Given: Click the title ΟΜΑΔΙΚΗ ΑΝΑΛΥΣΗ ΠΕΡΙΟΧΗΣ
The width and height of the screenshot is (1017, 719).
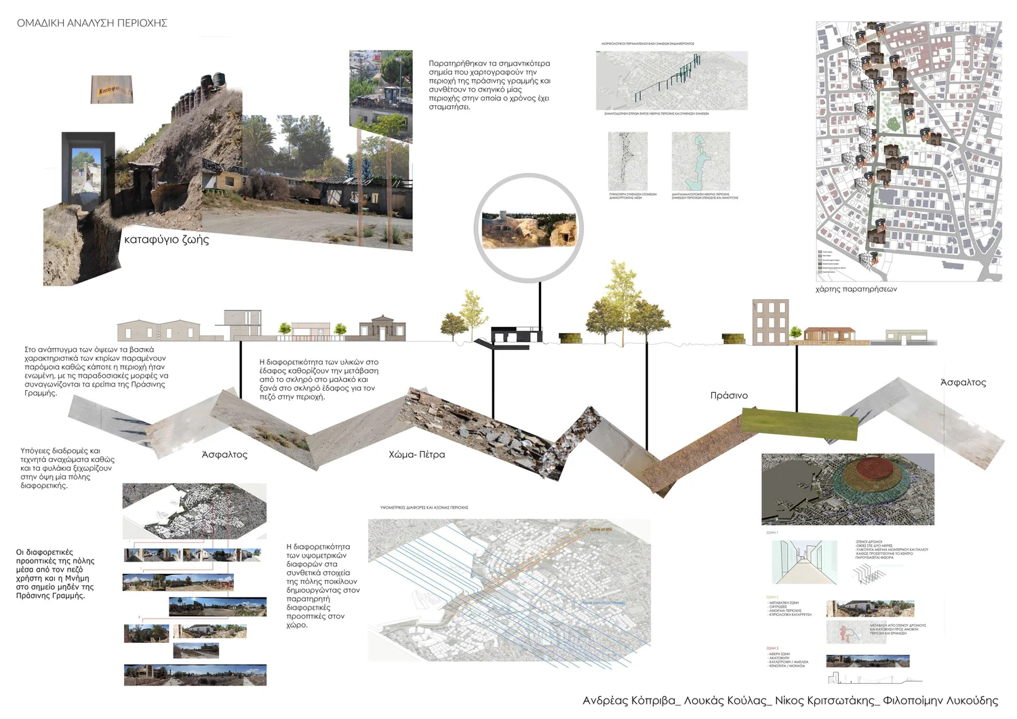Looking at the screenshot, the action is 92,23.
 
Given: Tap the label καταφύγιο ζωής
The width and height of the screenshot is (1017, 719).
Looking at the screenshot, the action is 166,239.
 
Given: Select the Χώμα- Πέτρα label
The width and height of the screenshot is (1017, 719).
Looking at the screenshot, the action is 417,454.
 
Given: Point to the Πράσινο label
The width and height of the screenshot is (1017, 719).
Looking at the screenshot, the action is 729,395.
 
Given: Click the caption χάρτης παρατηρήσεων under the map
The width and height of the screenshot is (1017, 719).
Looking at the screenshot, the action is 856,289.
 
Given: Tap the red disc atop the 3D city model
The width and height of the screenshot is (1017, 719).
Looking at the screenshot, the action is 874,468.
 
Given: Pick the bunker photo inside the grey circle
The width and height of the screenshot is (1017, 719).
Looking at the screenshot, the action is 528,229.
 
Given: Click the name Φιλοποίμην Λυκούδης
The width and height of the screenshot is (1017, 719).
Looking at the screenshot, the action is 940,701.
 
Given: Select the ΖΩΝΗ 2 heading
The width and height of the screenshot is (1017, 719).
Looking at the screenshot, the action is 772,597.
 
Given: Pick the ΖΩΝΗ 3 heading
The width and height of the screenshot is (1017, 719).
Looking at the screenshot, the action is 772,648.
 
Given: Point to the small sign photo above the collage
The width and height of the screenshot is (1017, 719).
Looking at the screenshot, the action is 112,90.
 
